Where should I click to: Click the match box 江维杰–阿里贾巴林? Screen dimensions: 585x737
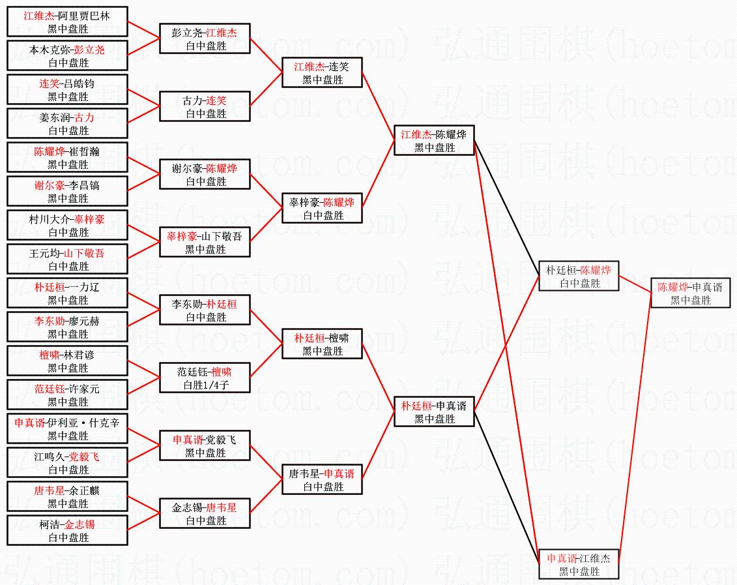[68, 22]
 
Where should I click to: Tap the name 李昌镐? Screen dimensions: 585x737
[87, 185]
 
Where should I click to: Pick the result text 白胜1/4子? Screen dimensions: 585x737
[205, 385]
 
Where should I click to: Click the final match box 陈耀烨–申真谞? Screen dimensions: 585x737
[690, 293]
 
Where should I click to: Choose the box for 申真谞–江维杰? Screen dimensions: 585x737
[578, 565]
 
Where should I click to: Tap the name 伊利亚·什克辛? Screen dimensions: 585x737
[83, 423]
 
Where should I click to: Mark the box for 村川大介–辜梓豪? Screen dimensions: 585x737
[68, 225]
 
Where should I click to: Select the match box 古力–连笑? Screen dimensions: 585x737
[205, 107]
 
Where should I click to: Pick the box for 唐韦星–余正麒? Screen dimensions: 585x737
[68, 496]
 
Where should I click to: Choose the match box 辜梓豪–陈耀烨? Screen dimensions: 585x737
[322, 209]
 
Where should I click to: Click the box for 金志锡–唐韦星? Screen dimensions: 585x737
[205, 514]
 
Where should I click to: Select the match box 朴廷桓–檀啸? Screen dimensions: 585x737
[322, 344]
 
